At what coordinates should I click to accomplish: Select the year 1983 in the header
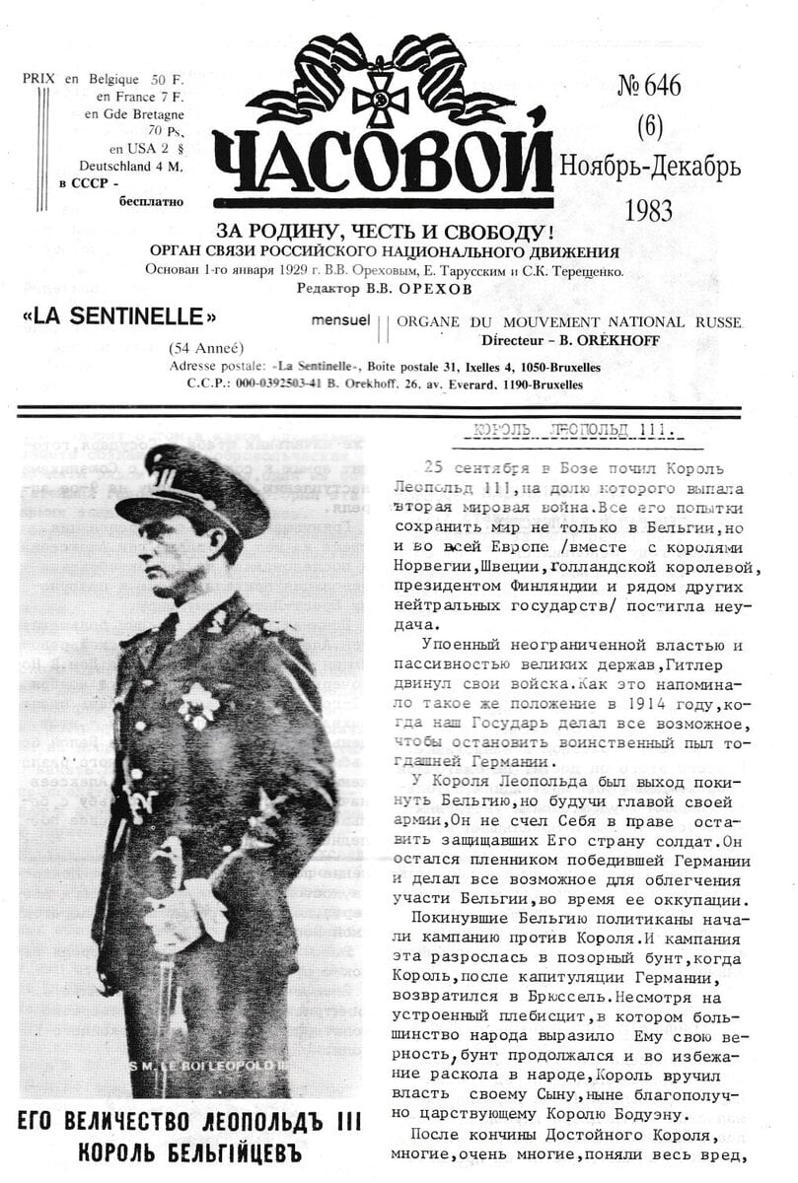tap(648, 210)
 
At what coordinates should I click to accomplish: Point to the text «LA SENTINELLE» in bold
tap(118, 317)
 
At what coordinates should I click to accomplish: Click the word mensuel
tap(340, 321)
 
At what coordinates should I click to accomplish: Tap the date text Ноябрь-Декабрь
tap(650, 167)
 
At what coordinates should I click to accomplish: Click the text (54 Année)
tap(206, 347)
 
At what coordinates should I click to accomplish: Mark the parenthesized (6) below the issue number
tap(648, 126)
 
